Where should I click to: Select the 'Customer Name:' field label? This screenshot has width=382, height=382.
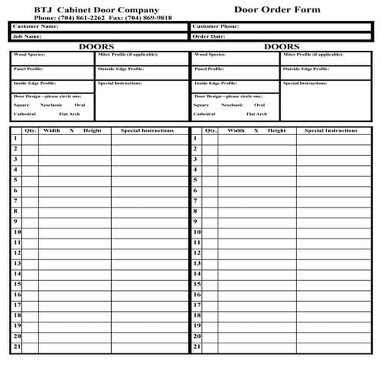[x=35, y=26]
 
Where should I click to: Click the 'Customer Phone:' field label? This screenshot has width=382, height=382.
[x=215, y=26]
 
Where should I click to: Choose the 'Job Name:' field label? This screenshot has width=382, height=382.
[x=27, y=35]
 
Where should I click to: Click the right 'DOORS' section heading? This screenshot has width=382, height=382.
[x=282, y=46]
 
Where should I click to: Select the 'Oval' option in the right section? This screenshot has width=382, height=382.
[x=259, y=104]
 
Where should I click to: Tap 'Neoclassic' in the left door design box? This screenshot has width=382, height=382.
[x=52, y=104]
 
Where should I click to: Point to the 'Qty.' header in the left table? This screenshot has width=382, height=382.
[x=31, y=130]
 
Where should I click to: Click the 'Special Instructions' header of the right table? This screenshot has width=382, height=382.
[x=331, y=130]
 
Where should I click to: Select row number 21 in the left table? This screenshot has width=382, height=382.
[x=15, y=347]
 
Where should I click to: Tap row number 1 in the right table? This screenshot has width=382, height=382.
[x=195, y=138]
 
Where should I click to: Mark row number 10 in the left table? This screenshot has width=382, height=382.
[x=15, y=232]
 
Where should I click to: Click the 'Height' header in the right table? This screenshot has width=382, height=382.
[x=276, y=130]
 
